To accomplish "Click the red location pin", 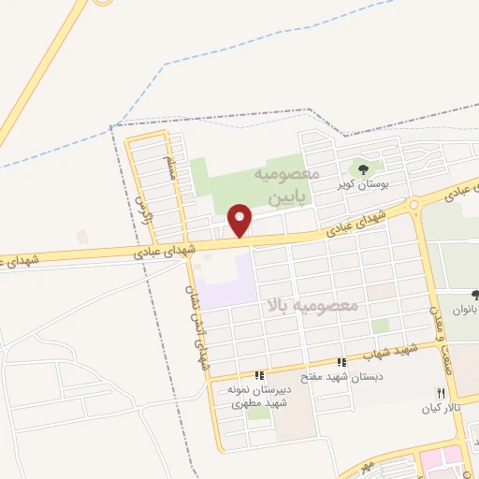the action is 240,220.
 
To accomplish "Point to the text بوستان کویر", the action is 363,185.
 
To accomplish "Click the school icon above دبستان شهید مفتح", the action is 341,361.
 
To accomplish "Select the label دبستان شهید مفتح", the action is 341,376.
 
